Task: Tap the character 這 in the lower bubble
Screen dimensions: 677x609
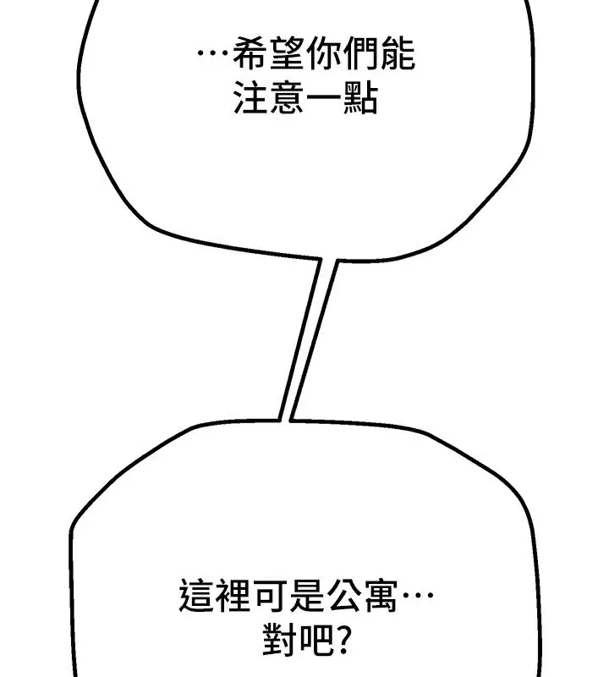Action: (x=197, y=596)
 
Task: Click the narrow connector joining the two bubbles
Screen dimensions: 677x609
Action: (x=307, y=338)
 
